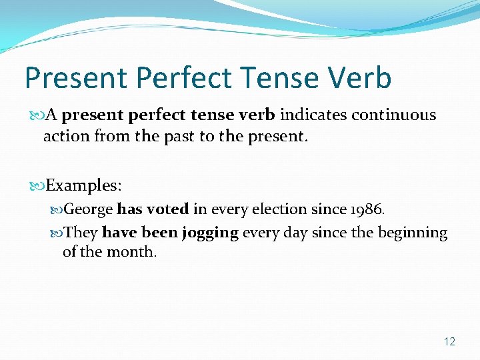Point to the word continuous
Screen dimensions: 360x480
pyautogui.click(x=394, y=115)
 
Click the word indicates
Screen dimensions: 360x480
pyautogui.click(x=313, y=115)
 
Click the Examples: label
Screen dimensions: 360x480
pyautogui.click(x=84, y=184)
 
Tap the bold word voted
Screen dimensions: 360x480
pyautogui.click(x=167, y=209)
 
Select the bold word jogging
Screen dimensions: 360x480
pyautogui.click(x=213, y=233)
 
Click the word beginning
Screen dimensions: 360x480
pyautogui.click(x=411, y=233)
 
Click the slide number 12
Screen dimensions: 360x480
pyautogui.click(x=449, y=341)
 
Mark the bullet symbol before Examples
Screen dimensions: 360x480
pyautogui.click(x=38, y=185)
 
